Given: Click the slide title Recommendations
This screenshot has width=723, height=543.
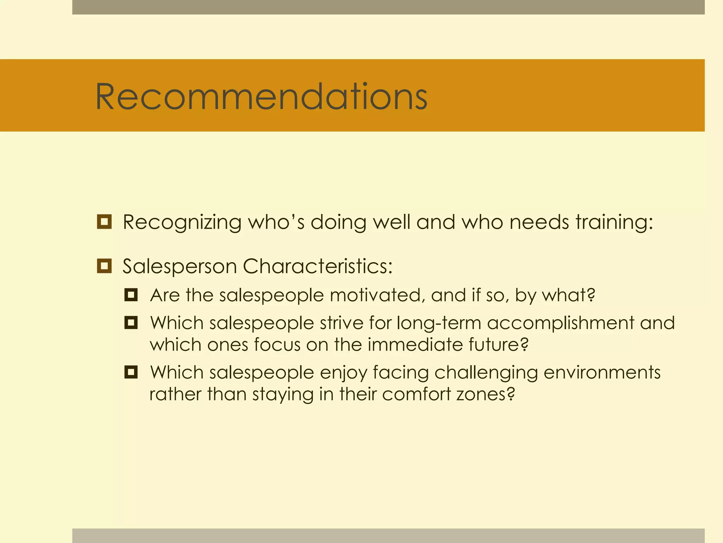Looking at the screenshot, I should [x=261, y=96].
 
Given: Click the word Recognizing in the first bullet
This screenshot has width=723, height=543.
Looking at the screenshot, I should [x=182, y=223].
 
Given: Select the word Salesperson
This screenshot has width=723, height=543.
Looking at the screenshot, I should [x=179, y=267].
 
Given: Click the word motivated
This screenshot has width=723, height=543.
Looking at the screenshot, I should [x=377, y=295].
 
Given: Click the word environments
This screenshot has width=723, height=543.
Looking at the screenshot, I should [x=602, y=373].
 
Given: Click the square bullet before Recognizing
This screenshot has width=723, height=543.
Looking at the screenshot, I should [x=104, y=222].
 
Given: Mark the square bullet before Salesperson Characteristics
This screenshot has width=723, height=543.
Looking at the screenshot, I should [x=104, y=266].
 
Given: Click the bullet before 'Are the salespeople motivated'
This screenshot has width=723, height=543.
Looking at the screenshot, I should [x=131, y=294].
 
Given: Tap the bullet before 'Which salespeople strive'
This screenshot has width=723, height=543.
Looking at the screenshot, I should [x=131, y=322].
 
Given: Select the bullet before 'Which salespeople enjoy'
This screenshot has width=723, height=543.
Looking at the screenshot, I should [x=131, y=372].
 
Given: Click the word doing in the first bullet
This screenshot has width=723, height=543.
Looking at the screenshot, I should [x=338, y=223].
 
